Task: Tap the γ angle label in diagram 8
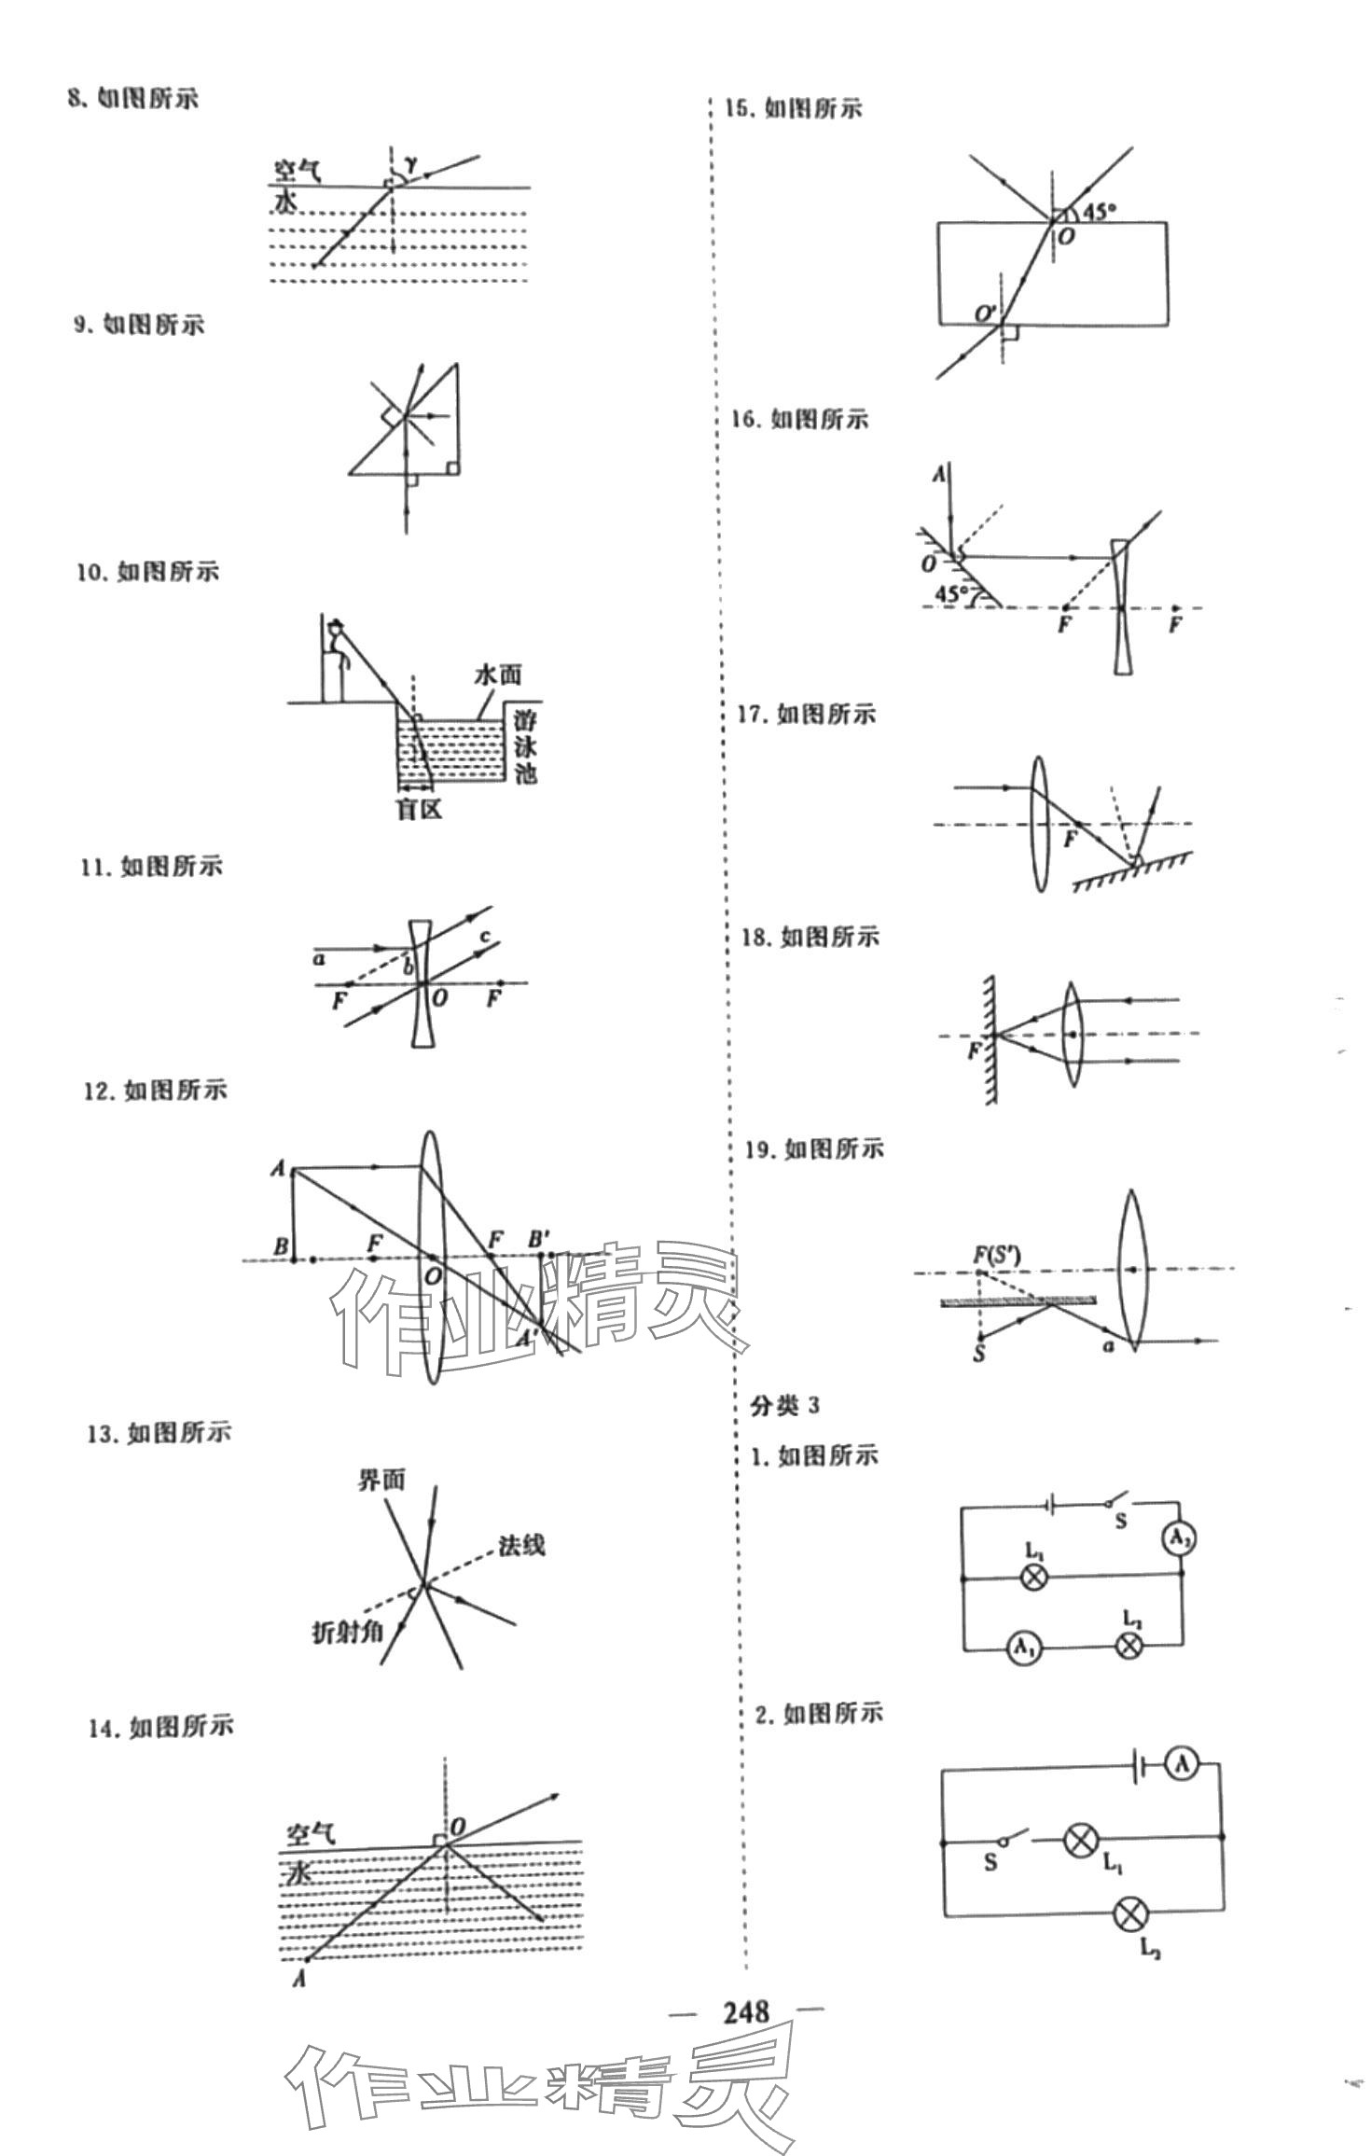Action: pyautogui.click(x=410, y=166)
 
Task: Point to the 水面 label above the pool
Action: pyautogui.click(x=497, y=675)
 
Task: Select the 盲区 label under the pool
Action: pyautogui.click(x=418, y=809)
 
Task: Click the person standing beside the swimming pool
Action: pyautogui.click(x=334, y=661)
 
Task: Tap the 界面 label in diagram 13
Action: pyautogui.click(x=381, y=1480)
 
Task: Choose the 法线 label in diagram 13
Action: pyautogui.click(x=521, y=1546)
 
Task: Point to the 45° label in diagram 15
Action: pyautogui.click(x=1098, y=211)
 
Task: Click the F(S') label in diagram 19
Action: pyautogui.click(x=997, y=1255)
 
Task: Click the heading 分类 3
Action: pyautogui.click(x=784, y=1406)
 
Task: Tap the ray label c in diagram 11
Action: pyautogui.click(x=485, y=936)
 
